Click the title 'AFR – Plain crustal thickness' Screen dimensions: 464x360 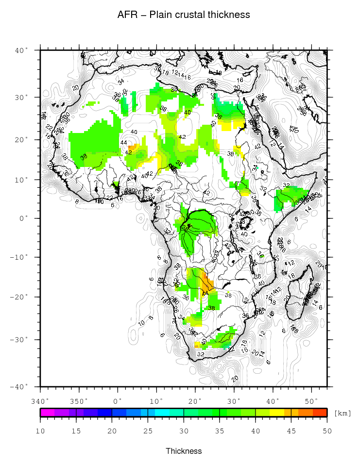point(184,15)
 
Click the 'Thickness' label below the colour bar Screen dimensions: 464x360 point(184,451)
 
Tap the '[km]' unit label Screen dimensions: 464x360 point(342,413)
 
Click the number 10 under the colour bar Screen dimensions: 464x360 point(40,431)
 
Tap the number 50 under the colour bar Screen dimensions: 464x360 point(326,431)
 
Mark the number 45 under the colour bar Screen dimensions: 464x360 point(291,431)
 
